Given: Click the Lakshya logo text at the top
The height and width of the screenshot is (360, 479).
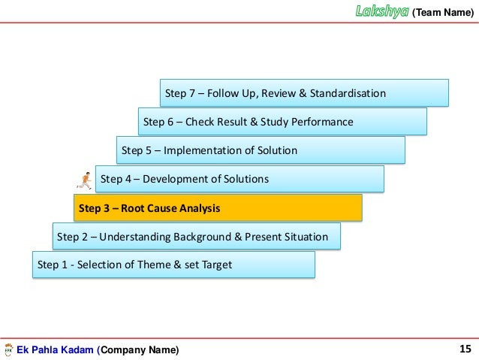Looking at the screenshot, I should pyautogui.click(x=383, y=11).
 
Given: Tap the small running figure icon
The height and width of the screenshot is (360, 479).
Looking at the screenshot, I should pyautogui.click(x=83, y=179).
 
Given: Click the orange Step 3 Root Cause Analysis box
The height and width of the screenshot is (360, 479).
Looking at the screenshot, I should pyautogui.click(x=218, y=207).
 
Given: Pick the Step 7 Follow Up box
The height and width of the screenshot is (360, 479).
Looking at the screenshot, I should pyautogui.click(x=304, y=93).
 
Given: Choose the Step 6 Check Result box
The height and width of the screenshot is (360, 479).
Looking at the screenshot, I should pyautogui.click(x=282, y=122).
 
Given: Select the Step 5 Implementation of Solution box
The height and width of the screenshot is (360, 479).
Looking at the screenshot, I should pyautogui.click(x=261, y=150).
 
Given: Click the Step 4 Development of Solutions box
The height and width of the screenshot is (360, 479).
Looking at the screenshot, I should pyautogui.click(x=239, y=179).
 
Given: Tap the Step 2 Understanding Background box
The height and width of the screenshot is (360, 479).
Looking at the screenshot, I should pyautogui.click(x=196, y=237).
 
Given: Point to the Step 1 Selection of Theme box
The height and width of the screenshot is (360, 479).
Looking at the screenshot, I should pyautogui.click(x=173, y=265).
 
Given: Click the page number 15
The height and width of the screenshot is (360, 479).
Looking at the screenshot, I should pyautogui.click(x=464, y=349).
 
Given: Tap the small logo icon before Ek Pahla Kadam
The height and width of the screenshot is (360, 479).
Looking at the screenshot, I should pyautogui.click(x=8, y=349).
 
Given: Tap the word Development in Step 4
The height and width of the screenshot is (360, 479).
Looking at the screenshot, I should pyautogui.click(x=174, y=179).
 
